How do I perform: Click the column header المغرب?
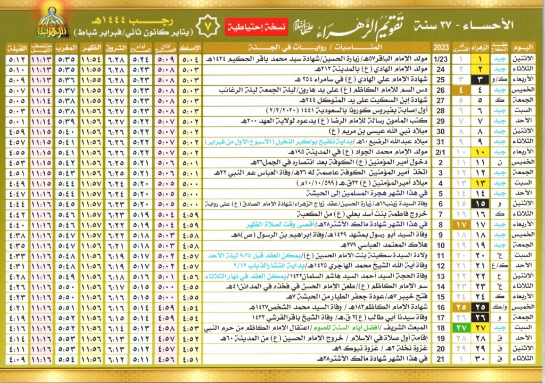70,47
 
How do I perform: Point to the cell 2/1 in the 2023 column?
442,152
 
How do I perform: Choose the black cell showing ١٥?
481,204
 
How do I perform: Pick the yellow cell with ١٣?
481,183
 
